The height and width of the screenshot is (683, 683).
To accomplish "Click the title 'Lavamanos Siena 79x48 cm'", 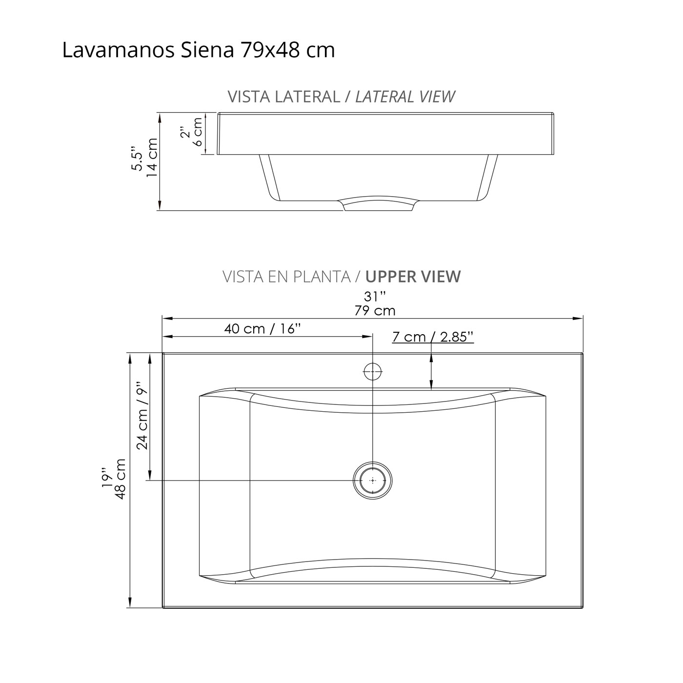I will tap(199, 50).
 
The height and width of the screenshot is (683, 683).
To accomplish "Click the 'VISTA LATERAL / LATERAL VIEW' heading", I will tap(341, 97).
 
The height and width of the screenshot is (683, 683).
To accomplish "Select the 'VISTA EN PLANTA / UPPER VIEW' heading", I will tap(341, 277).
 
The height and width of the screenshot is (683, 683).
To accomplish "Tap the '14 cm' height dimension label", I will tap(152, 158).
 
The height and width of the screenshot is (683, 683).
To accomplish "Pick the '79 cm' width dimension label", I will tap(375, 310).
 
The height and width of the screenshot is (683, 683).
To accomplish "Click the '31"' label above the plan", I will tap(375, 296).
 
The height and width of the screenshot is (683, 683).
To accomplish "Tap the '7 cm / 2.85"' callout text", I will tap(433, 337).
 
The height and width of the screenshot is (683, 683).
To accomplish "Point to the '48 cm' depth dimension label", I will tap(121, 479).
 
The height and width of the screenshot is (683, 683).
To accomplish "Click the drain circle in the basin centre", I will tap(373, 480).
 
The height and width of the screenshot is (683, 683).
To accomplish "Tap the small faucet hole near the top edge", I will tap(373, 372).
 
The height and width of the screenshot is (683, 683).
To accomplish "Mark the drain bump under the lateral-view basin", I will tap(379, 204).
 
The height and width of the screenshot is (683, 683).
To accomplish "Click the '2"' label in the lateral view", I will tap(184, 132).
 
